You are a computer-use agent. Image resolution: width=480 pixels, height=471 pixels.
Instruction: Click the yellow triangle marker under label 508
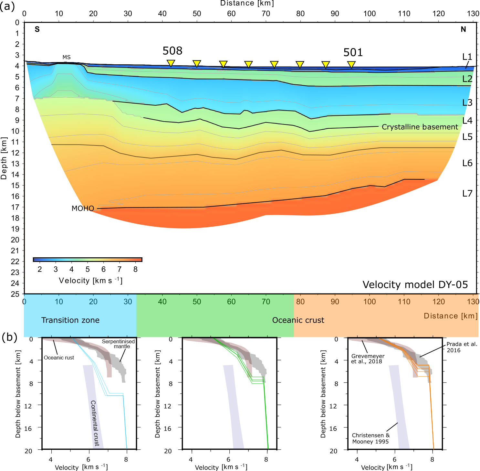tap(171, 63)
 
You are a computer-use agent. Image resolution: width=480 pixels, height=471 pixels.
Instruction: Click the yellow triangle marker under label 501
tap(351, 64)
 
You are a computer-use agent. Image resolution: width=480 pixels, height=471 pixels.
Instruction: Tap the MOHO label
tap(83, 209)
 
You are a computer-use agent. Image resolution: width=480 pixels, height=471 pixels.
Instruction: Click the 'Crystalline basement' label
tap(420, 127)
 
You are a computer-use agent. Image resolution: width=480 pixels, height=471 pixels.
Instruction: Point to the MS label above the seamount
tap(67, 57)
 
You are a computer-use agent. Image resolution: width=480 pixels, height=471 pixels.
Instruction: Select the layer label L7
tap(467, 193)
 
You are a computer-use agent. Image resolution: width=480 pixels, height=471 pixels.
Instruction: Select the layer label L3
tap(467, 102)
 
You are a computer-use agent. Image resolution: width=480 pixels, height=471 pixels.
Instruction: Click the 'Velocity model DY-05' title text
tap(415, 284)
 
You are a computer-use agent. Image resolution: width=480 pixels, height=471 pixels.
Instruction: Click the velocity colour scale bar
tap(88, 260)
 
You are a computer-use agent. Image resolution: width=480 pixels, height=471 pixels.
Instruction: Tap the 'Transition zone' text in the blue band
tap(70, 320)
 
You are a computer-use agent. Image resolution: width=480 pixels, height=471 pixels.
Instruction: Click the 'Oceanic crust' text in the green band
tap(298, 320)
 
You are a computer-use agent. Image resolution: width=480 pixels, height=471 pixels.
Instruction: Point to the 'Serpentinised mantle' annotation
tap(118, 344)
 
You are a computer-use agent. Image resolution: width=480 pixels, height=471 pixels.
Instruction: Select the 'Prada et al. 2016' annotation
tap(462, 347)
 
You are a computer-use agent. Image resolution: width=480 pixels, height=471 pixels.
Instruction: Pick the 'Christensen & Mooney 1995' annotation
tap(370, 438)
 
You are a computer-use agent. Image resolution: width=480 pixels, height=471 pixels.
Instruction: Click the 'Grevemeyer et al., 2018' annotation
tap(368, 359)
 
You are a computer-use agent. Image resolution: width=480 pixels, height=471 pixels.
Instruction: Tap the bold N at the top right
tap(463, 29)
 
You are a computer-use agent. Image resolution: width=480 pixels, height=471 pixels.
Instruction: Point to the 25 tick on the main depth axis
tap(15, 294)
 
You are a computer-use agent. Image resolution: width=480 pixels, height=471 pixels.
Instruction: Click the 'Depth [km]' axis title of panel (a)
tap(4, 158)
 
